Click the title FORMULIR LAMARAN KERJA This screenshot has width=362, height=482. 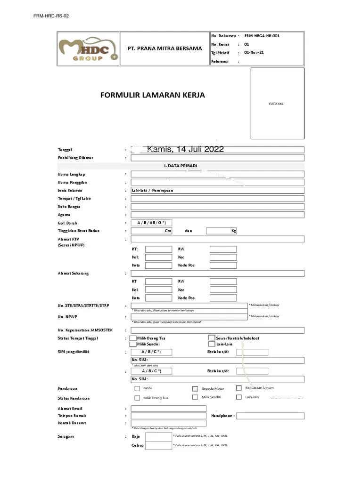153,96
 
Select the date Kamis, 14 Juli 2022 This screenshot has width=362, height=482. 186,150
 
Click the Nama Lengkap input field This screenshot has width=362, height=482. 217,174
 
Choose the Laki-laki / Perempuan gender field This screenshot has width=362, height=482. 217,191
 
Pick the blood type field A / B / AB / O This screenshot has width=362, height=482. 151,223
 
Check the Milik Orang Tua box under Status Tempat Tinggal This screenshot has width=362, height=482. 134,338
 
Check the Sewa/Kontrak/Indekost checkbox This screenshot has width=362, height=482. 212,338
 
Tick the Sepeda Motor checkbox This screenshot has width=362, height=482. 195,389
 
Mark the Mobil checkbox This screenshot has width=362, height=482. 137,389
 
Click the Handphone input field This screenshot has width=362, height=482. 270,416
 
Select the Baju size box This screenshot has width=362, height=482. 158,436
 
